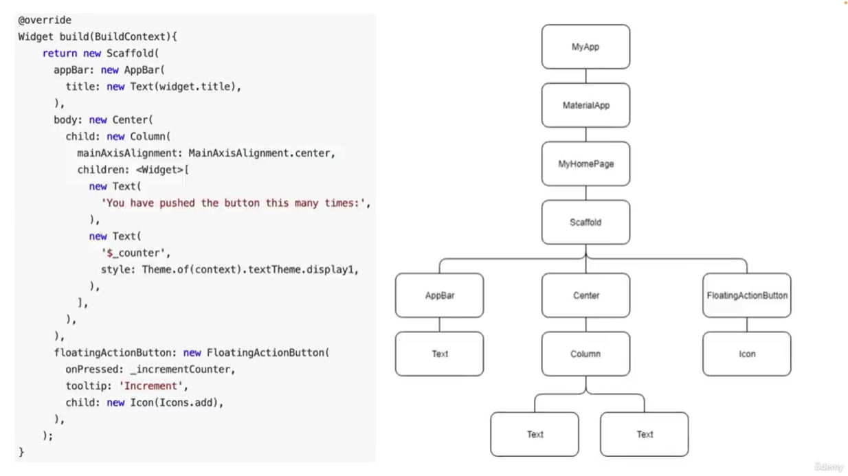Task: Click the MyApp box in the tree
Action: pyautogui.click(x=585, y=47)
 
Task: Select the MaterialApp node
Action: pyautogui.click(x=585, y=105)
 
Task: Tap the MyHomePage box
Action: pyautogui.click(x=585, y=164)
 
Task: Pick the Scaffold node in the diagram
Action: pyautogui.click(x=585, y=223)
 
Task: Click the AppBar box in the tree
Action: pyautogui.click(x=439, y=295)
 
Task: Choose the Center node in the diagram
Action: pyautogui.click(x=585, y=295)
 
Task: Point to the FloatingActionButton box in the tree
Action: pyautogui.click(x=746, y=295)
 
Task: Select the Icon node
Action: pyautogui.click(x=746, y=354)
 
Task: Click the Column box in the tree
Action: pyautogui.click(x=585, y=354)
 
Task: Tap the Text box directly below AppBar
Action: pyautogui.click(x=439, y=354)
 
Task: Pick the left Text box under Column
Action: pyautogui.click(x=535, y=434)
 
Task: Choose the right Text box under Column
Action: pyautogui.click(x=644, y=434)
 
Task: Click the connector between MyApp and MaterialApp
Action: pyautogui.click(x=585, y=76)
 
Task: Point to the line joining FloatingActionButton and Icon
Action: pyautogui.click(x=746, y=324)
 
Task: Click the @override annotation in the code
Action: pyautogui.click(x=45, y=20)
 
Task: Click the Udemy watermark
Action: pyautogui.click(x=828, y=467)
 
